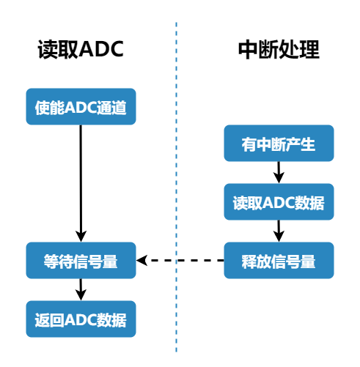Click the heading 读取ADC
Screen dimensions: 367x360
coord(81,49)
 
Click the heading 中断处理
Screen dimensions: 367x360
coord(279,49)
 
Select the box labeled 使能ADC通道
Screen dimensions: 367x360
coord(81,107)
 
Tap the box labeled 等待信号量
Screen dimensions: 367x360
coord(81,260)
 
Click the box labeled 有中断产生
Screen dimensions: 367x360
coord(279,144)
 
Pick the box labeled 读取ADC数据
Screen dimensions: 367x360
coord(279,201)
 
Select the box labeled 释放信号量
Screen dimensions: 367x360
coord(279,260)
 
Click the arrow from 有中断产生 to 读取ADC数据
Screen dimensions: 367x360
coord(279,172)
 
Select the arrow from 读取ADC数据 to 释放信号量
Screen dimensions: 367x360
coord(279,231)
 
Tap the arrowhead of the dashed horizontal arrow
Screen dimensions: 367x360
coord(143,260)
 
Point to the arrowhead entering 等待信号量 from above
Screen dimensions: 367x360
coord(81,236)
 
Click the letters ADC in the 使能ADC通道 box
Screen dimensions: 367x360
coord(81,107)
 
